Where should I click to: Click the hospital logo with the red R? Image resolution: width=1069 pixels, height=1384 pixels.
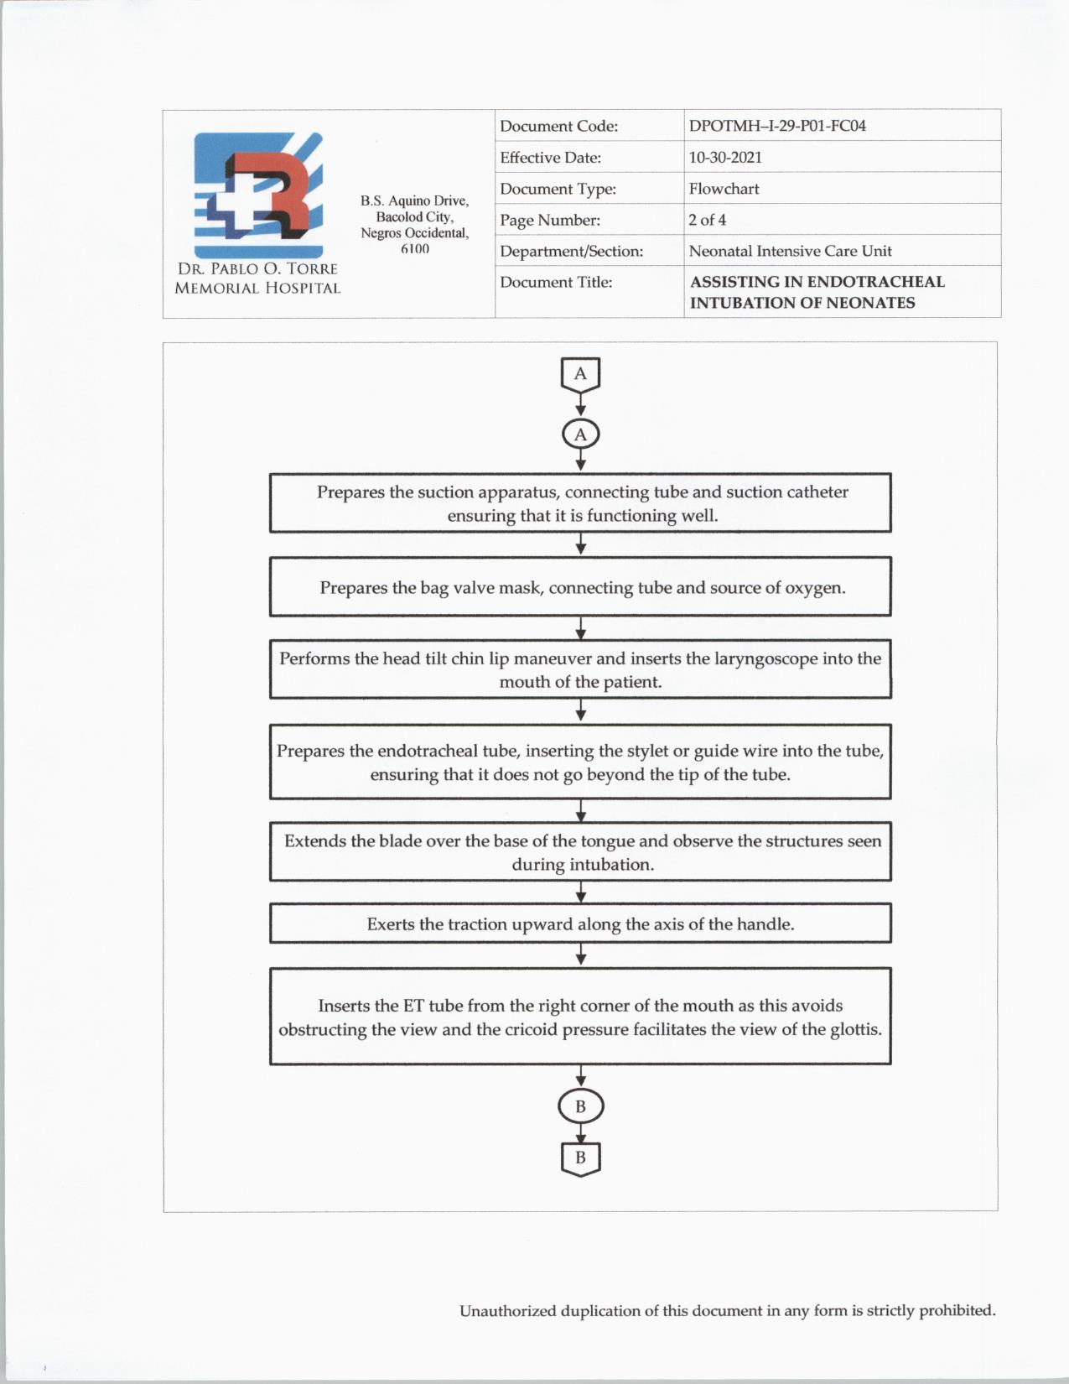coord(258,195)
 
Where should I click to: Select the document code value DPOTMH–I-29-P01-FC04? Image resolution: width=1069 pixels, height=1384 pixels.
coord(777,126)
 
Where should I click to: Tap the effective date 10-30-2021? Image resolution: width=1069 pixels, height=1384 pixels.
coord(725,157)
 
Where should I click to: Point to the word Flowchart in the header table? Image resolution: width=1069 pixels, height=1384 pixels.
coord(724,189)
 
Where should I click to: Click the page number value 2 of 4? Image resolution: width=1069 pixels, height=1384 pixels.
coord(707,220)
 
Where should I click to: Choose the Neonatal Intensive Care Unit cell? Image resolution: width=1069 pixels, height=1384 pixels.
coord(790,251)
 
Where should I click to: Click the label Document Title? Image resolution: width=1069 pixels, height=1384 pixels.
coord(556,282)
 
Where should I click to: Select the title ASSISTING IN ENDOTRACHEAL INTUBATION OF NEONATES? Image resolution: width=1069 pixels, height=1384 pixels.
coord(817,292)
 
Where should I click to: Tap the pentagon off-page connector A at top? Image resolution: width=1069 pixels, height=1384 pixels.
coord(580,375)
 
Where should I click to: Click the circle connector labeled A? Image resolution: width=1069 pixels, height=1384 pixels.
coord(580,434)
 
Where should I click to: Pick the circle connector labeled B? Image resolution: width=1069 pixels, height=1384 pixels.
coord(580,1106)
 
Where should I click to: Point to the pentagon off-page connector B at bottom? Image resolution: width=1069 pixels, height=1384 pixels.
coord(580,1158)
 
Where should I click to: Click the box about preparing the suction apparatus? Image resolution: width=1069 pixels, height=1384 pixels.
coord(580,503)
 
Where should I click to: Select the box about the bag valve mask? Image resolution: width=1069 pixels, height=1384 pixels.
coord(580,587)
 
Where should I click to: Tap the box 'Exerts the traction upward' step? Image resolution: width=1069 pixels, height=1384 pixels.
coord(580,924)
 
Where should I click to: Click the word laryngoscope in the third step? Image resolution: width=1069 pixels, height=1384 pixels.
coord(765,659)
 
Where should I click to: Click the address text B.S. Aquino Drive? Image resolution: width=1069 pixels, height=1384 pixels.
coord(414,200)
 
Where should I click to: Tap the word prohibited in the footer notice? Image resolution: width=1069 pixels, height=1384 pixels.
coord(957,1310)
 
